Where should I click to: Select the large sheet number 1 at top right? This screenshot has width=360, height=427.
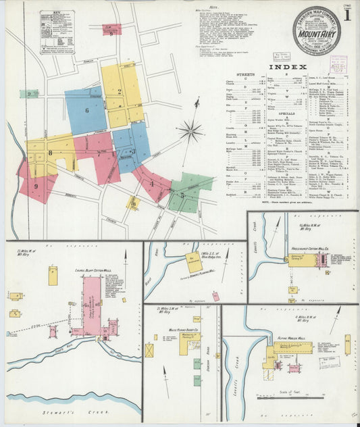[347, 14]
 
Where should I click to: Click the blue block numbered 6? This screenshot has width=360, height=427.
[86, 109]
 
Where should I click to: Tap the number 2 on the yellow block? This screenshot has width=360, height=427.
[120, 92]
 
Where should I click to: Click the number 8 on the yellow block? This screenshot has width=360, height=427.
[50, 153]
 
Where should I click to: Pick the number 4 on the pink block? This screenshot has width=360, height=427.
[152, 182]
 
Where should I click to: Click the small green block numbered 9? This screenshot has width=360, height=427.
[29, 94]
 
